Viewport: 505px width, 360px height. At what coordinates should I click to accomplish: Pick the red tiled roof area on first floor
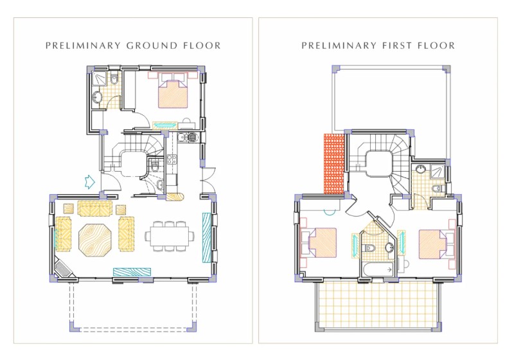(x=334, y=164)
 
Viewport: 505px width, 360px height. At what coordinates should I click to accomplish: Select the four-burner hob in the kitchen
(x=191, y=137)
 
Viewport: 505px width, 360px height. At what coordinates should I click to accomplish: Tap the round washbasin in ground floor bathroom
(x=98, y=98)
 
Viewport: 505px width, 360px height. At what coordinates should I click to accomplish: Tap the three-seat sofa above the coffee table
(x=95, y=208)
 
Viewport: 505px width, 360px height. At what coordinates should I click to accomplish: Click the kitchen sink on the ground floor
(x=171, y=161)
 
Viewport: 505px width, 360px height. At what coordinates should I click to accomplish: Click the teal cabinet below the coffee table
(x=132, y=272)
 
